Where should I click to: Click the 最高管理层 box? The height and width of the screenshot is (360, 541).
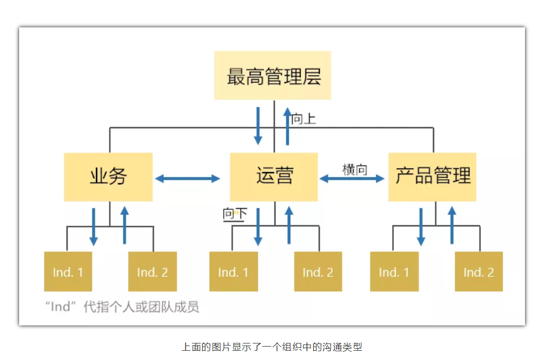tap(272, 75)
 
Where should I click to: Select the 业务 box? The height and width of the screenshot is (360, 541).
tap(109, 177)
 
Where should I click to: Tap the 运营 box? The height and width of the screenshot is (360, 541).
tap(274, 177)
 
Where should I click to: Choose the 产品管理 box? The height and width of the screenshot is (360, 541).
tap(432, 177)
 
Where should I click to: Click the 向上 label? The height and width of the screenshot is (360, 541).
tap(303, 119)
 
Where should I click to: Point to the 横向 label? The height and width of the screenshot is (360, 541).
tap(354, 169)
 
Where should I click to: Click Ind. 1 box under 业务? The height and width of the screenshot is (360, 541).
tap(68, 272)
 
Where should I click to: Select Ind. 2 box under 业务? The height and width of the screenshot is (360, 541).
tap(152, 272)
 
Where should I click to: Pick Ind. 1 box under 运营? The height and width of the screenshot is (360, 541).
tap(234, 272)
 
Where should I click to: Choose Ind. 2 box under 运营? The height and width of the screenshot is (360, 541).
tap(318, 272)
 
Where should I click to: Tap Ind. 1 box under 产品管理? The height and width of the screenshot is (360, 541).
tap(394, 272)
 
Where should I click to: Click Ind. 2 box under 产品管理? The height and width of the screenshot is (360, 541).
tap(478, 272)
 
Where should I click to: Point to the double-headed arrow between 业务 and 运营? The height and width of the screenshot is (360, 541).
tap(188, 179)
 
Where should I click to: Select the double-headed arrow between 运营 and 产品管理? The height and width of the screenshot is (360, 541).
tap(352, 179)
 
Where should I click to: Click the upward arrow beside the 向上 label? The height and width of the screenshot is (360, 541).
tap(288, 127)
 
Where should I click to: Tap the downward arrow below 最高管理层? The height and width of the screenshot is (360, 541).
tap(258, 127)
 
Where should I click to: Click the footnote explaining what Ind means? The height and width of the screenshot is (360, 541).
tap(122, 307)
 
